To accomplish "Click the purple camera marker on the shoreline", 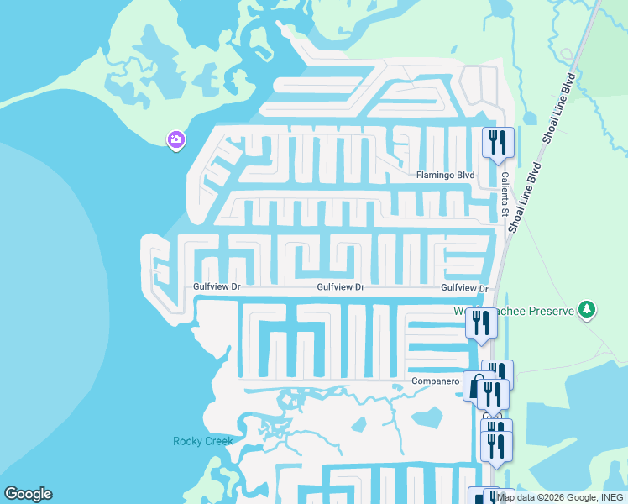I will [176, 139].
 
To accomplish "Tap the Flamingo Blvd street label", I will [446, 176].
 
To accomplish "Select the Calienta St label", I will [505, 195].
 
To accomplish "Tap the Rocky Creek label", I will [202, 441].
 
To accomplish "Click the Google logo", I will [28, 494].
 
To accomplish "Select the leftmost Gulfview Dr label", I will [217, 287].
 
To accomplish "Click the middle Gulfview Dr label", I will [340, 287].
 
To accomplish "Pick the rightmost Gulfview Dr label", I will [464, 287].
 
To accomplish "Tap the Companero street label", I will [436, 381].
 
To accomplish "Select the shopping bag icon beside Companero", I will [476, 387].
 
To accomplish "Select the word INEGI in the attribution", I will [612, 497].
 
